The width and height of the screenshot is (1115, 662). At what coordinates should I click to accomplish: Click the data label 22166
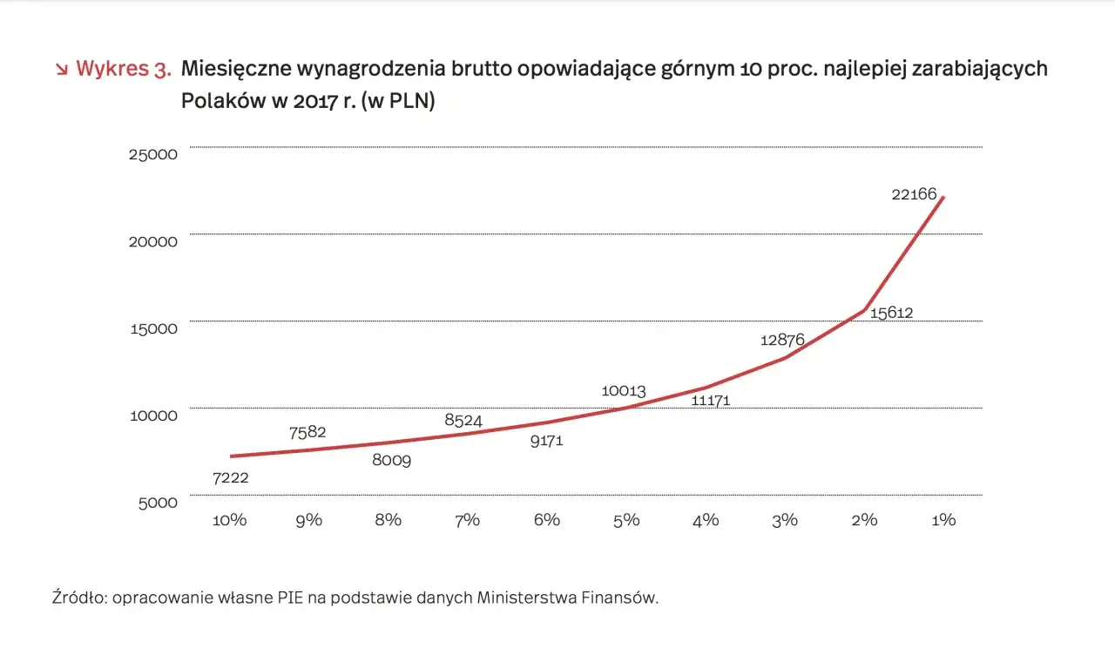(x=914, y=194)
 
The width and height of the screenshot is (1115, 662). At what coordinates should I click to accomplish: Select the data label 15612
(x=891, y=313)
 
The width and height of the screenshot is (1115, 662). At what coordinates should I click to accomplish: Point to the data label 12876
(x=781, y=341)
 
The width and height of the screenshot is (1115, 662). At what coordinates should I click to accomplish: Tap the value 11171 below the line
(x=710, y=401)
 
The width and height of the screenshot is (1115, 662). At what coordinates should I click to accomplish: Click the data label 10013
(x=623, y=391)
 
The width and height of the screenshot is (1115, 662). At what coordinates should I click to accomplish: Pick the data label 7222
(x=231, y=477)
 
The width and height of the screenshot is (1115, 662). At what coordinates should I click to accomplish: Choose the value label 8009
(x=391, y=460)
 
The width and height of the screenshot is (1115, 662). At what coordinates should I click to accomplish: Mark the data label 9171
(x=547, y=441)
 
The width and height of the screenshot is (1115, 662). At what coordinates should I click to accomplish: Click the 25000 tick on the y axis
(x=153, y=154)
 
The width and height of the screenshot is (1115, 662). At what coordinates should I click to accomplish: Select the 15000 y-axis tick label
(x=153, y=328)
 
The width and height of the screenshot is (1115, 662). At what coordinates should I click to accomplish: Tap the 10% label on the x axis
(x=230, y=520)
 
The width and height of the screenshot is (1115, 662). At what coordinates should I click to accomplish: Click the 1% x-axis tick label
(x=943, y=520)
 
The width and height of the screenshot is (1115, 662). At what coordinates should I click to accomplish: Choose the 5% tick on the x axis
(x=626, y=520)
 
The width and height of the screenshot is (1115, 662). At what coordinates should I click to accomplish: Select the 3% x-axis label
(x=785, y=520)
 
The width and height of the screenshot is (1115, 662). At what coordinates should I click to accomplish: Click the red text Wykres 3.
(x=123, y=70)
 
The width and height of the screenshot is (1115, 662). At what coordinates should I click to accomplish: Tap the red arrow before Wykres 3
(x=61, y=70)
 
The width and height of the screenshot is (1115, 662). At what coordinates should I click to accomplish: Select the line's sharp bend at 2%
(x=864, y=309)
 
